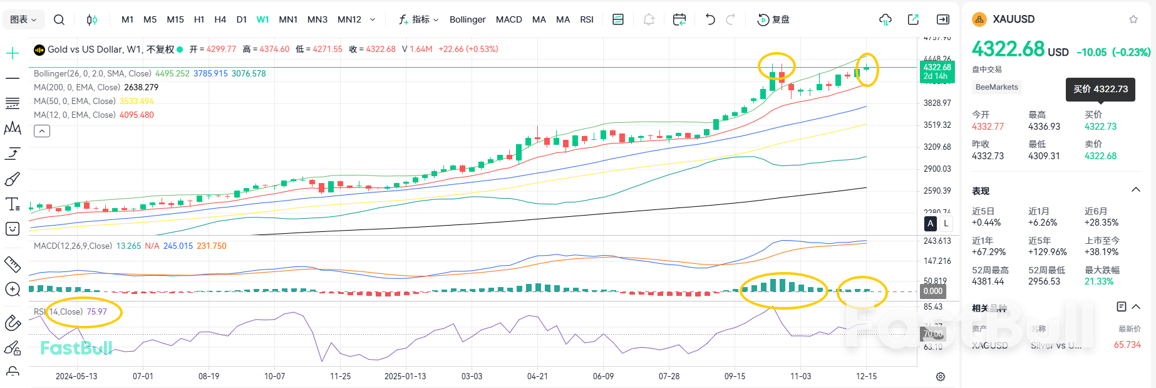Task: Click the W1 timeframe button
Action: tap(262, 19)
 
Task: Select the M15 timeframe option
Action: tap(175, 19)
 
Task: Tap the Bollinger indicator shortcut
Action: tap(467, 19)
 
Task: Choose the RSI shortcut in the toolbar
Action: tap(587, 19)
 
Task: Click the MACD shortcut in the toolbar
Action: tap(508, 19)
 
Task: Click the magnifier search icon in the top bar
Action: tap(59, 19)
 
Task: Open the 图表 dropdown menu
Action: tap(24, 19)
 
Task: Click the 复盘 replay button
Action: tap(773, 19)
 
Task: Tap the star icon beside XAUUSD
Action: tap(1133, 19)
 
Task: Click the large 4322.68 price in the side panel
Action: tap(1008, 49)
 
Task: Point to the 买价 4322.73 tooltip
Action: tap(1100, 89)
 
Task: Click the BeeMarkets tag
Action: tap(996, 87)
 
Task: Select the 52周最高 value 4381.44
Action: tap(988, 281)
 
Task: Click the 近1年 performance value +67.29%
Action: tap(988, 252)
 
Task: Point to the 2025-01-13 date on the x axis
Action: tap(405, 376)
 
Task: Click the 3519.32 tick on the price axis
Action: tap(937, 125)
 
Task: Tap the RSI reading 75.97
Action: tap(96, 312)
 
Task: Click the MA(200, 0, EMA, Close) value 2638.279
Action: tap(141, 87)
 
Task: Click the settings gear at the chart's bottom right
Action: tap(940, 376)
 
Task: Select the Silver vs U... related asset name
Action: tap(1056, 345)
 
